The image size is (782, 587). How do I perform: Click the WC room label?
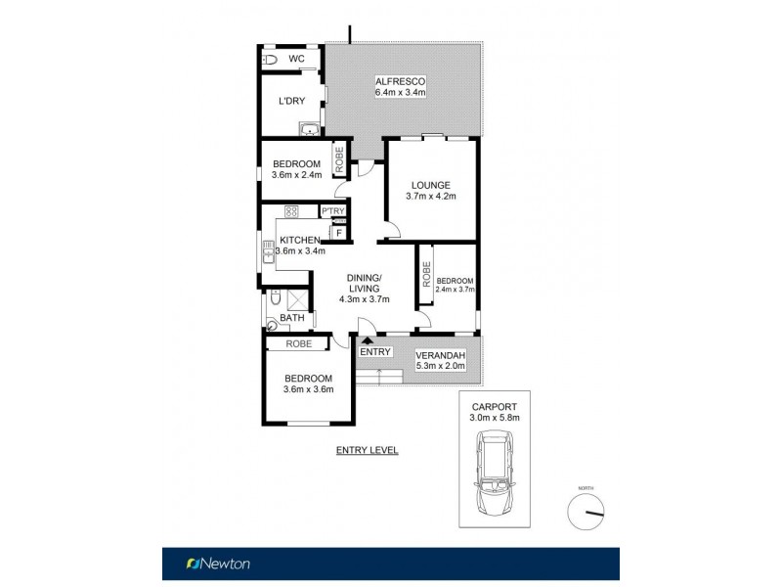tap(296, 60)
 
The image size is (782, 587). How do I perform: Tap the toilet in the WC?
tap(271, 61)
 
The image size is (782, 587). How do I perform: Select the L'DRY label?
tap(291, 102)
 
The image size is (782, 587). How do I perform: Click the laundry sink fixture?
tap(310, 128)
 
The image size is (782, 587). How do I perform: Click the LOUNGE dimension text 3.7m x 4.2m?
tap(430, 197)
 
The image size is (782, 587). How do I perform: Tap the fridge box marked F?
tap(339, 232)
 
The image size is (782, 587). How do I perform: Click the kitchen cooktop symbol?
tap(290, 211)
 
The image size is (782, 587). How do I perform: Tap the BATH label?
tap(291, 318)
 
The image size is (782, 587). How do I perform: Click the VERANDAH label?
tap(439, 355)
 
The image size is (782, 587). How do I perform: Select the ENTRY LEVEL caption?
tap(367, 450)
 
